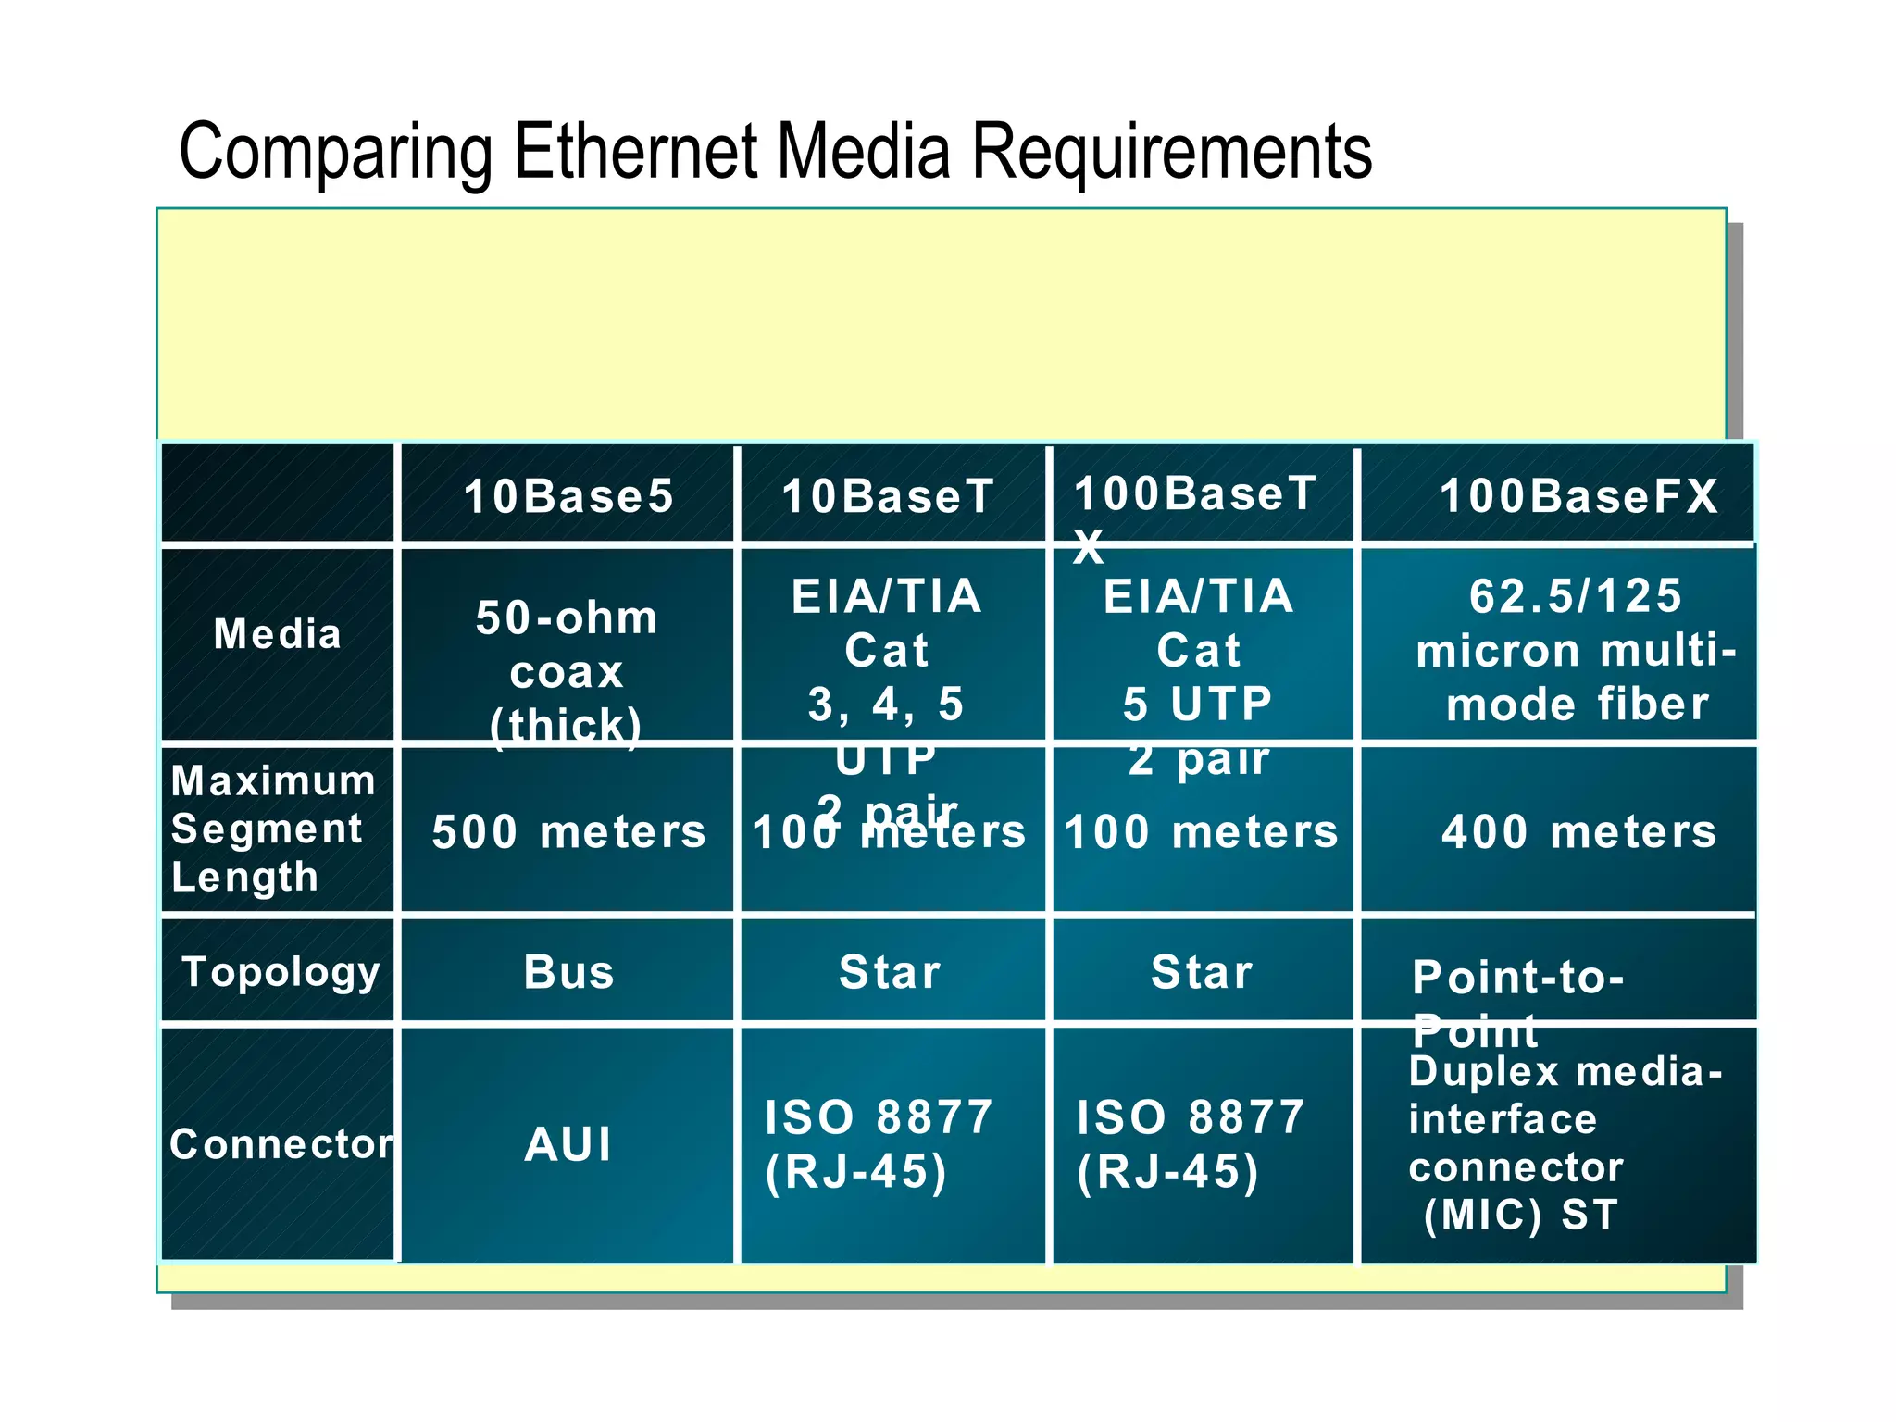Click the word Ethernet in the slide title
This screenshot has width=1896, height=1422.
(x=637, y=151)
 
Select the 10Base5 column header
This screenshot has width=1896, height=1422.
(x=568, y=495)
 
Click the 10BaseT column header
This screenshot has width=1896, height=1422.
(x=887, y=495)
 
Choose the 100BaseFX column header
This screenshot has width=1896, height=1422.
(x=1578, y=495)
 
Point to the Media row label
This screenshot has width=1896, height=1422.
(x=277, y=634)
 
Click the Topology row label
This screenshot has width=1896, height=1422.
(x=281, y=971)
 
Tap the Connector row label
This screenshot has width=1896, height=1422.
(x=281, y=1144)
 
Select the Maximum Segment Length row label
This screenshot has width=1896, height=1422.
(x=272, y=829)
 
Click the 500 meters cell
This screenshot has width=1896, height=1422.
(x=568, y=831)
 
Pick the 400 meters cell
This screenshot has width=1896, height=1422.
(x=1578, y=831)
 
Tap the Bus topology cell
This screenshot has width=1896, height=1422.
(x=568, y=972)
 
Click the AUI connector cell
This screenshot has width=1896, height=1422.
(x=568, y=1144)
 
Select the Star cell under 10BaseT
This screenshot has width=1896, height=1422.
(x=889, y=972)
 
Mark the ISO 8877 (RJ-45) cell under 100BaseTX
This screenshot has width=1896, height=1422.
(x=1190, y=1144)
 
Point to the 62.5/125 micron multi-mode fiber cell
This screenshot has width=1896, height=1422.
(x=1576, y=650)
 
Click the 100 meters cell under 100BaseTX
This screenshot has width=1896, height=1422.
(x=1201, y=831)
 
